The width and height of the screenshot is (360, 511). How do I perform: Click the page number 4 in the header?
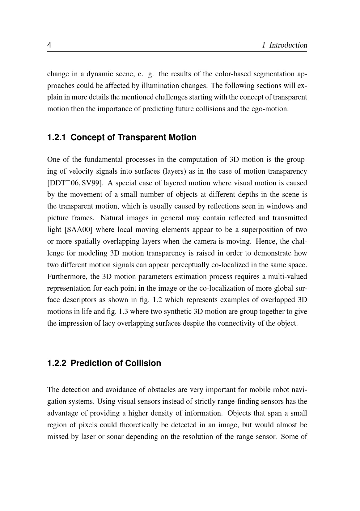click(49, 45)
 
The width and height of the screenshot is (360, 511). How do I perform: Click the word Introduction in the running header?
click(288, 45)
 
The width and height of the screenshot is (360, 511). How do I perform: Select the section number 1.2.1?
click(57, 137)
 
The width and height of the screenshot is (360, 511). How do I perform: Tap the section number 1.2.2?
click(57, 363)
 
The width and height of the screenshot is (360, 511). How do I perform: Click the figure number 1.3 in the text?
click(123, 312)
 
